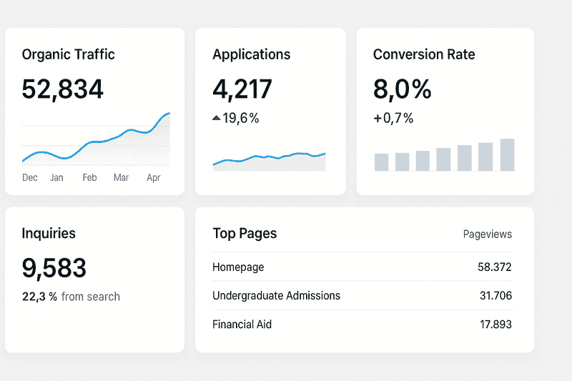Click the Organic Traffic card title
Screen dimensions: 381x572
(x=68, y=54)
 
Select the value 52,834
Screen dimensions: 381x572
(x=63, y=89)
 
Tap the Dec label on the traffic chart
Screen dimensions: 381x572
(x=30, y=177)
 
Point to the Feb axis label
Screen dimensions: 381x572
(x=89, y=177)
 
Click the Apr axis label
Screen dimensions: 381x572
(x=154, y=177)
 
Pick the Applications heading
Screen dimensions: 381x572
(x=252, y=54)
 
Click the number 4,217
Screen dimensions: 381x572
(x=242, y=89)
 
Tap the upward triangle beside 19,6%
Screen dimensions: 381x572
(x=217, y=119)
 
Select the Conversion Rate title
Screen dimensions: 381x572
(x=424, y=54)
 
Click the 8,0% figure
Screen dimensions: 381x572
(x=403, y=89)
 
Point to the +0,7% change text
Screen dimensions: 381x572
(x=393, y=119)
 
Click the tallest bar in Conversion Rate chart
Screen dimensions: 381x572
(x=507, y=155)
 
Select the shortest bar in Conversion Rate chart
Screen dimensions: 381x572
(x=381, y=162)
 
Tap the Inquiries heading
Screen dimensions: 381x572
(x=49, y=233)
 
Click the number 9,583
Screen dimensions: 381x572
(x=54, y=268)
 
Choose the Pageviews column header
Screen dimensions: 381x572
(x=488, y=234)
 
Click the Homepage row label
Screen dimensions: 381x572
(x=238, y=267)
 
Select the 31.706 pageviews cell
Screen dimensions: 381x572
(x=495, y=296)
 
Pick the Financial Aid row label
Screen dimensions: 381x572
(x=242, y=325)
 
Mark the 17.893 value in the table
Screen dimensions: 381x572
(x=495, y=325)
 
